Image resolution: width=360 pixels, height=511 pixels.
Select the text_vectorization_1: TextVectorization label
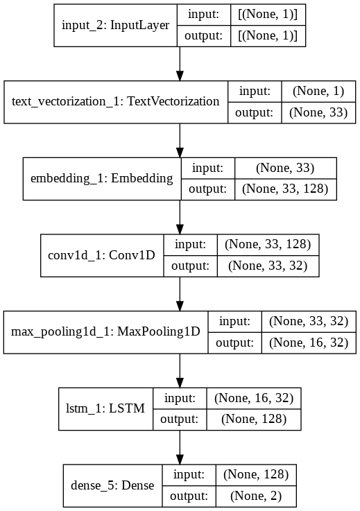pos(115,102)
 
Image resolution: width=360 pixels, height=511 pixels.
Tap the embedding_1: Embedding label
pos(101,178)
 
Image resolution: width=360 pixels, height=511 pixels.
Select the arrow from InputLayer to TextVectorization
pos(180,64)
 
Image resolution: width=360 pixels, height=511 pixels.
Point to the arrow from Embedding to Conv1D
pos(180,216)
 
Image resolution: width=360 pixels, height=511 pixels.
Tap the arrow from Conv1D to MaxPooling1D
pos(180,293)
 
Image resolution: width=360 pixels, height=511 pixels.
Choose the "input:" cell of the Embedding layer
pos(207,168)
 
